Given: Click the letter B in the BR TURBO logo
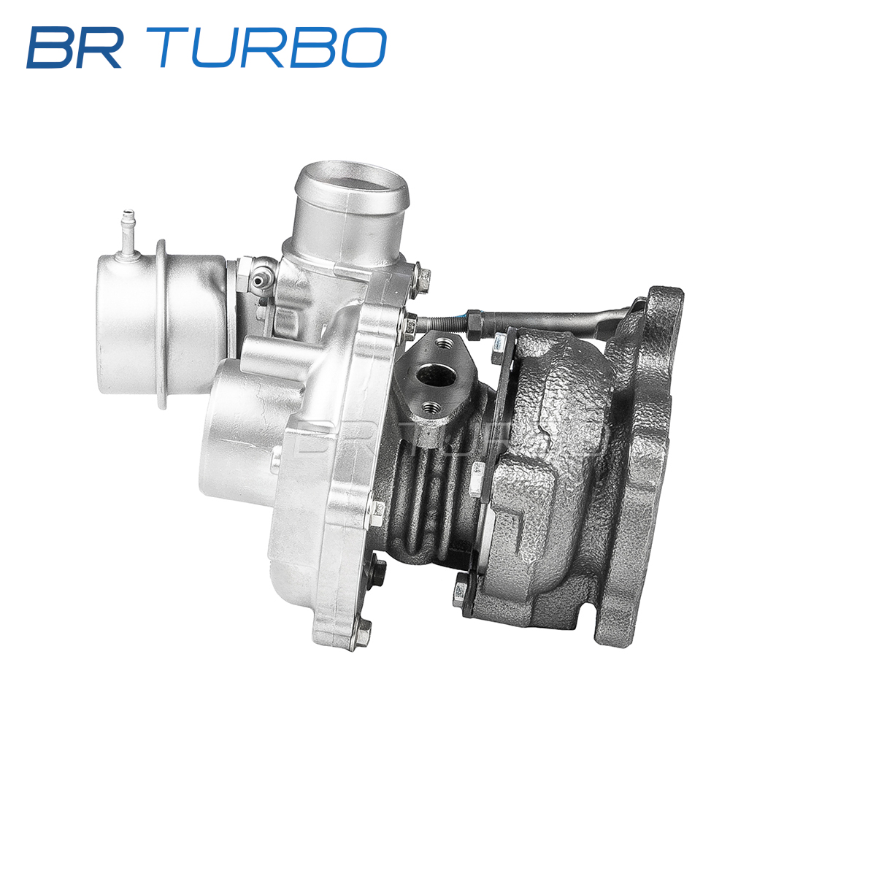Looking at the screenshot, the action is click(50, 47).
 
